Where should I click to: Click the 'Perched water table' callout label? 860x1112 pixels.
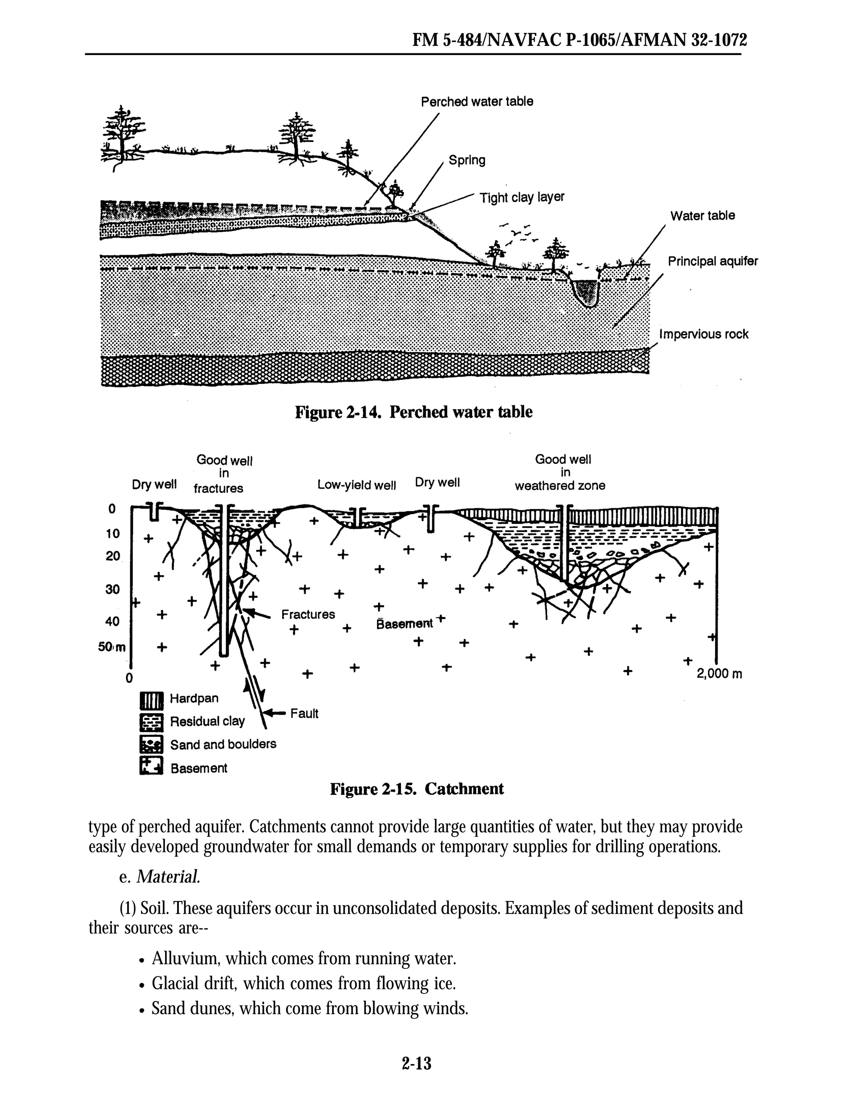[477, 102]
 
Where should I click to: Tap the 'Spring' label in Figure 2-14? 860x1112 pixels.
[467, 160]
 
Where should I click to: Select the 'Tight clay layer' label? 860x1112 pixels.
[522, 197]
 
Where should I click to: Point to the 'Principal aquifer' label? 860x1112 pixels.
[713, 261]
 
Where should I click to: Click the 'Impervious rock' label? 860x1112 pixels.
[704, 334]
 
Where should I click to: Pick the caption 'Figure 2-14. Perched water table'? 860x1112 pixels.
[414, 412]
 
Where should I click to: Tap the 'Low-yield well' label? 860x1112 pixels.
[356, 485]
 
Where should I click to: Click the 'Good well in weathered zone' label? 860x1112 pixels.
[560, 473]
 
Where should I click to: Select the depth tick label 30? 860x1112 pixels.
[113, 589]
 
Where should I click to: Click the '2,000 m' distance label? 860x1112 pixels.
[719, 674]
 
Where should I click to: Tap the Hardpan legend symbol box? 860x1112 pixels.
[151, 701]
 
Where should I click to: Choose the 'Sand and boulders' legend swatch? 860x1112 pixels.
[151, 744]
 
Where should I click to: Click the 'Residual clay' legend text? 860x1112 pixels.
[207, 721]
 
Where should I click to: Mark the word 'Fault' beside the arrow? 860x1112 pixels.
[304, 713]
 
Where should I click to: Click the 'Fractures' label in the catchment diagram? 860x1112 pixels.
[308, 615]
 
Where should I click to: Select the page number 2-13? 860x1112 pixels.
[416, 1063]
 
